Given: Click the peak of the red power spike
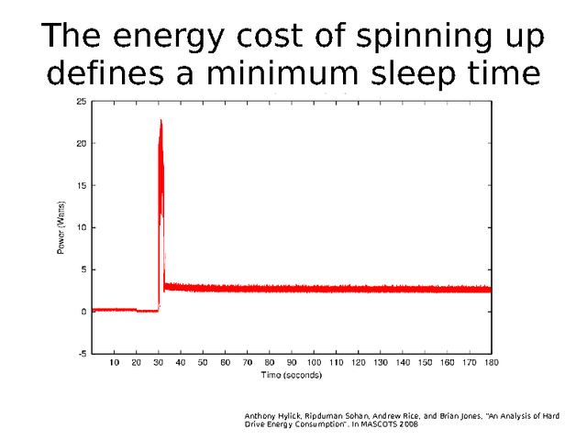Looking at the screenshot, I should click(x=161, y=120).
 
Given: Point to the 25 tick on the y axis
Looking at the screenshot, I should click(x=83, y=101).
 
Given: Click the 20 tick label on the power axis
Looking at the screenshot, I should click(x=83, y=143).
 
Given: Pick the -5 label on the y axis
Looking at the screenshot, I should click(x=83, y=354).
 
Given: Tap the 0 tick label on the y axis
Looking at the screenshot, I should click(x=84, y=312).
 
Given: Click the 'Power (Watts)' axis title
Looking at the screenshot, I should click(x=61, y=226).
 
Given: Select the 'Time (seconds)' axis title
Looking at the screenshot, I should click(x=292, y=375).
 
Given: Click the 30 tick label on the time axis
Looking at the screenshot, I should click(x=159, y=363).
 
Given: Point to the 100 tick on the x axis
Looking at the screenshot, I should click(x=314, y=363).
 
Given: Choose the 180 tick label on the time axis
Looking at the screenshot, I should click(x=492, y=363).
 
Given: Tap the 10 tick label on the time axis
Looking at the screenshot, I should click(x=115, y=363).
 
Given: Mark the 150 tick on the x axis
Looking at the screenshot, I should click(x=425, y=363).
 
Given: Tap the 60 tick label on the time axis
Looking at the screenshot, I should click(x=226, y=363).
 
